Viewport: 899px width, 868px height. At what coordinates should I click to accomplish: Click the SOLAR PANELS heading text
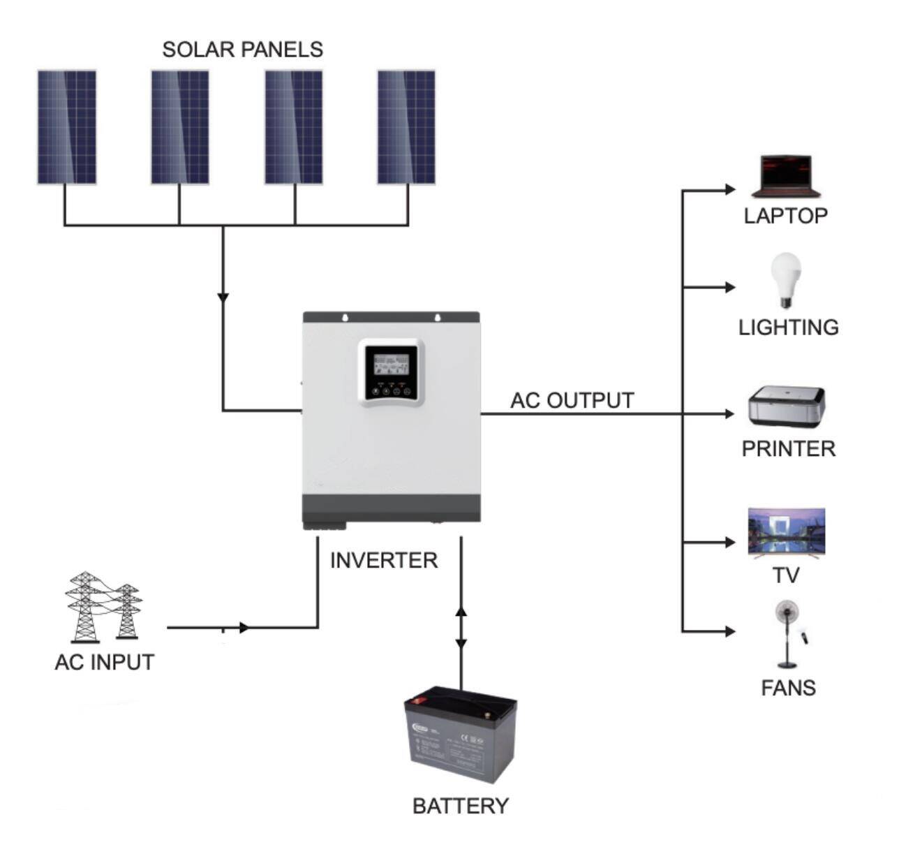tap(242, 50)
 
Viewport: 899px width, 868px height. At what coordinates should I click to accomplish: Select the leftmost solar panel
tap(66, 127)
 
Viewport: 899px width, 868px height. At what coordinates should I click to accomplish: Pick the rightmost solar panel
tap(406, 127)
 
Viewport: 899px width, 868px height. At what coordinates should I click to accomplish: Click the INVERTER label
tap(383, 560)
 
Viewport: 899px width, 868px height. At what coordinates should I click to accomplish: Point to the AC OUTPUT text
tap(572, 401)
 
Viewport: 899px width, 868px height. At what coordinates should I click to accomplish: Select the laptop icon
tap(785, 177)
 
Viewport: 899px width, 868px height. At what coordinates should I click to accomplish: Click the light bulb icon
tap(785, 279)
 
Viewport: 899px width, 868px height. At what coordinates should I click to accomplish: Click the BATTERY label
tap(460, 806)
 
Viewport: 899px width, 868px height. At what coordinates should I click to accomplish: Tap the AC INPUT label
tap(104, 662)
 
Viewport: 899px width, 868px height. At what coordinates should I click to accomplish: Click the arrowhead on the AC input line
tap(244, 628)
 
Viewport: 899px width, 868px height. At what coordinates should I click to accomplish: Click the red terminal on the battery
tap(420, 701)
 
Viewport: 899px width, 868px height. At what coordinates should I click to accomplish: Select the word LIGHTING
tap(788, 328)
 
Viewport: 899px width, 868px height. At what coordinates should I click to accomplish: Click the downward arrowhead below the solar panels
tap(223, 297)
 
